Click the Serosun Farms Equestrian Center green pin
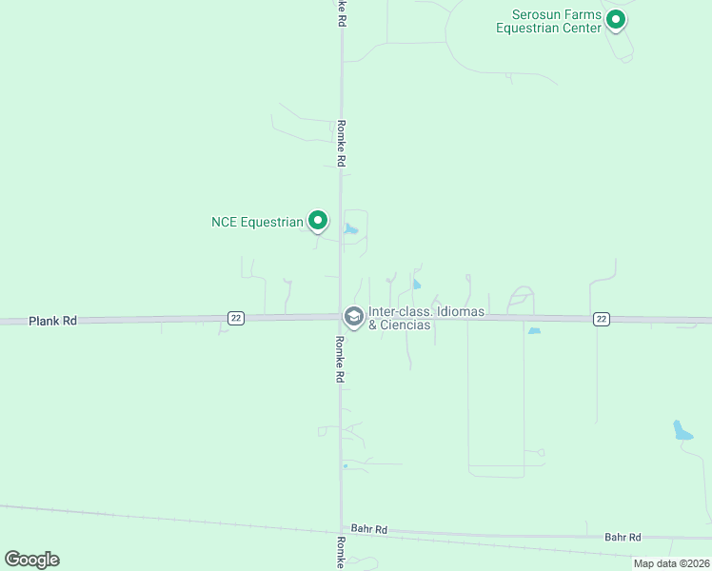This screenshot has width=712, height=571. tap(616, 18)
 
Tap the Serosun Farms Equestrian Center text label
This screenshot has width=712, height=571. tap(549, 21)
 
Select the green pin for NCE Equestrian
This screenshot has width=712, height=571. tap(318, 221)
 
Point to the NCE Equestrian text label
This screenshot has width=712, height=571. tap(257, 223)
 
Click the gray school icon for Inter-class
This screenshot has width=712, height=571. tap(353, 316)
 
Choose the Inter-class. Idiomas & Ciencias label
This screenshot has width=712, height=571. tap(427, 318)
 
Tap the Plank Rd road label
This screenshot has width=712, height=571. tap(52, 322)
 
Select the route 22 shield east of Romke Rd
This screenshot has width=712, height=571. tap(601, 319)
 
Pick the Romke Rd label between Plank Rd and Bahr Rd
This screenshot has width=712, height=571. tap(339, 359)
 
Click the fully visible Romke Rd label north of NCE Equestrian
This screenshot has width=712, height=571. tap(340, 144)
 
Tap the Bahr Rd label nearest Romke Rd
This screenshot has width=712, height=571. tap(368, 529)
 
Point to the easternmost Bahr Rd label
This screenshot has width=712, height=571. tap(623, 538)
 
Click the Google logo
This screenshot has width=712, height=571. tap(31, 560)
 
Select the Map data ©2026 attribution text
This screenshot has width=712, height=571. tap(670, 563)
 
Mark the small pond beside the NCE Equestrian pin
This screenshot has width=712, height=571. tap(352, 229)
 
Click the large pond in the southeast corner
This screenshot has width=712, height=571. tap(682, 430)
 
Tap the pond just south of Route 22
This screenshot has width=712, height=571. tap(534, 330)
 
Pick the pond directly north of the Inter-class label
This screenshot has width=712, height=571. tap(416, 284)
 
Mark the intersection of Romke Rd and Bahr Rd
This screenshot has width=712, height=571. tap(341, 529)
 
